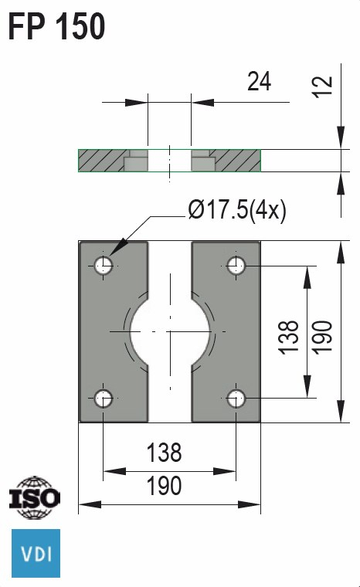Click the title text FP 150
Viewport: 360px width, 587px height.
tap(56, 27)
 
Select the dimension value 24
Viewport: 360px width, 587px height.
tap(259, 81)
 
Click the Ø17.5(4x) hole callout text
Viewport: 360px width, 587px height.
tap(236, 210)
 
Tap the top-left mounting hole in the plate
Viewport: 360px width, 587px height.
tap(104, 266)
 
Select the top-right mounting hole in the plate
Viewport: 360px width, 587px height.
tap(236, 266)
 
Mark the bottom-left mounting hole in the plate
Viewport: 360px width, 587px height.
tap(104, 399)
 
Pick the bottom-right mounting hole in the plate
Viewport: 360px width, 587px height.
tap(236, 399)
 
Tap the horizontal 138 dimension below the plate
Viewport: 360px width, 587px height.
tap(164, 452)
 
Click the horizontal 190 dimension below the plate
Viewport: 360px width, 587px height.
tap(164, 486)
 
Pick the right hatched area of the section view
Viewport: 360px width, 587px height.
tap(238, 160)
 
